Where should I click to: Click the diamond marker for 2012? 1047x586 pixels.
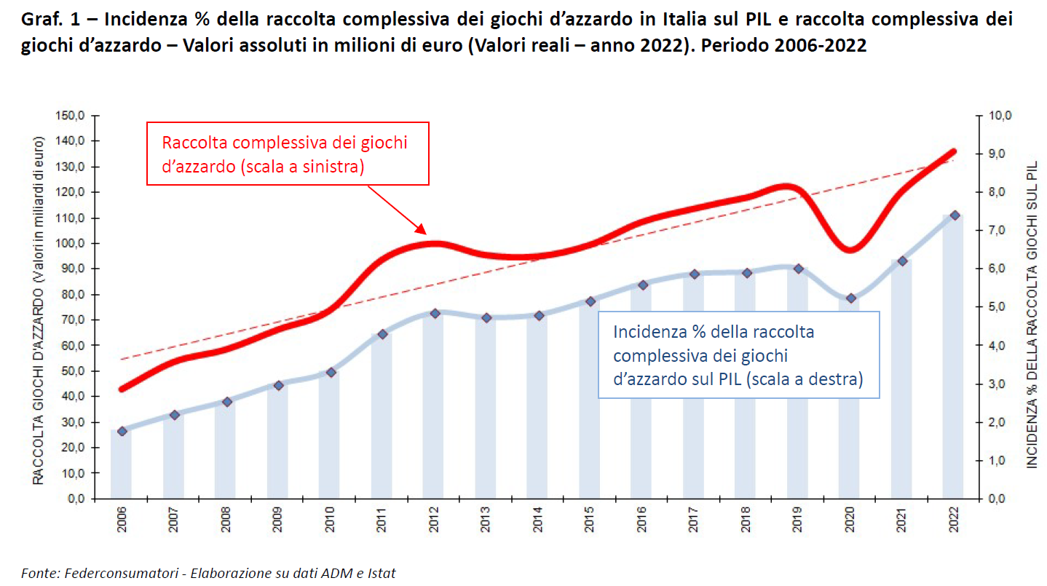point(435,313)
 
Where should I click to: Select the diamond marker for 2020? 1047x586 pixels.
point(850,298)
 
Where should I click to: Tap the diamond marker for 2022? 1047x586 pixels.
point(954,215)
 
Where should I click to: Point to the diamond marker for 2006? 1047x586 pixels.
point(122,431)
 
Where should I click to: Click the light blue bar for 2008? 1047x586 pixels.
point(226,451)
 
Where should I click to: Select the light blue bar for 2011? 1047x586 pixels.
point(382,419)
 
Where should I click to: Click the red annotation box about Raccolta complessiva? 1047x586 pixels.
point(288,154)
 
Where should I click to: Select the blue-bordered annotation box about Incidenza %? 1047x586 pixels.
point(738,355)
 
